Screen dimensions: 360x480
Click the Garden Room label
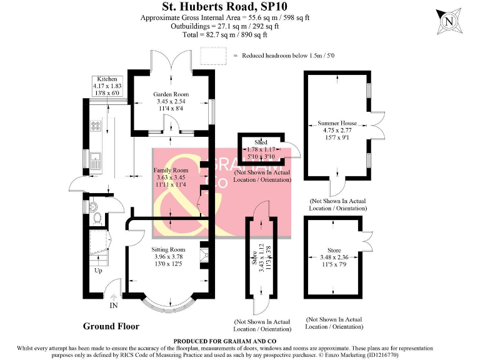(x=171, y=94)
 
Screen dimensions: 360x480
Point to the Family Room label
(x=171, y=170)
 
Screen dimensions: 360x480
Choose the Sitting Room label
(x=169, y=249)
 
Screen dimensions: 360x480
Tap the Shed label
(x=261, y=142)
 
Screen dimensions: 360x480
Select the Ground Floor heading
(x=111, y=326)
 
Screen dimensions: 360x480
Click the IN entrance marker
(x=114, y=306)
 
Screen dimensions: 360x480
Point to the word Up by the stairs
(x=99, y=271)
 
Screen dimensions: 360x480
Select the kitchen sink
(x=96, y=157)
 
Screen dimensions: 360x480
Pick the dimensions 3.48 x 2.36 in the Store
(x=333, y=257)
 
